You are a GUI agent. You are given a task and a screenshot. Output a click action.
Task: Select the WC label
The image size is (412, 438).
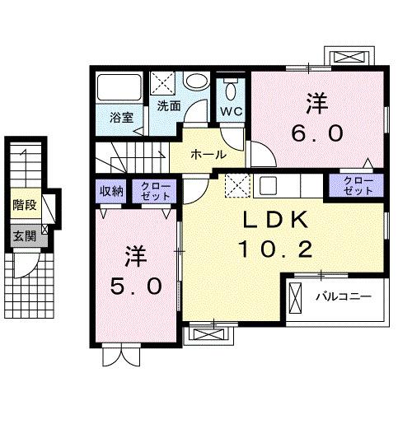tap(231, 109)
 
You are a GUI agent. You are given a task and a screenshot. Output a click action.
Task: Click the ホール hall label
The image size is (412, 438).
tap(208, 154)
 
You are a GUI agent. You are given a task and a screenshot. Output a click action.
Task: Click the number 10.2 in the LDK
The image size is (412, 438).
tap(274, 248)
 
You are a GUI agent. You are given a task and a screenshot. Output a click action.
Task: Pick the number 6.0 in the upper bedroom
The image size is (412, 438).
tap(319, 133)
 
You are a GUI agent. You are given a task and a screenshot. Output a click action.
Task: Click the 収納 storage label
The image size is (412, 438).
tap(112, 191)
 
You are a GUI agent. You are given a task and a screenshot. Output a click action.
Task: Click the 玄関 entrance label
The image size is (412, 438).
tap(23, 235)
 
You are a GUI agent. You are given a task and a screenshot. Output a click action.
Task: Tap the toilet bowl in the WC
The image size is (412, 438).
tap(232, 89)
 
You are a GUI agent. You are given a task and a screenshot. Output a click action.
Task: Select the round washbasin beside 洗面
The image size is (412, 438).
tap(196, 82)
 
